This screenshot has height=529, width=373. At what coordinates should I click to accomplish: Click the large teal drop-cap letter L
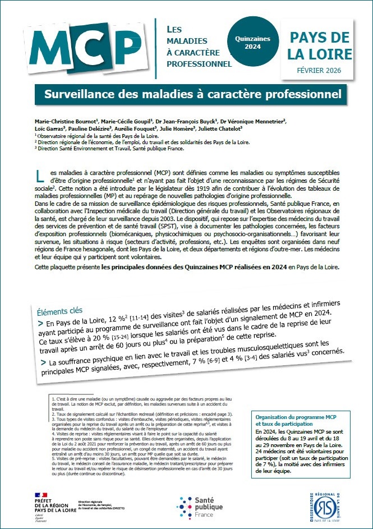(x=39, y=177)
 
